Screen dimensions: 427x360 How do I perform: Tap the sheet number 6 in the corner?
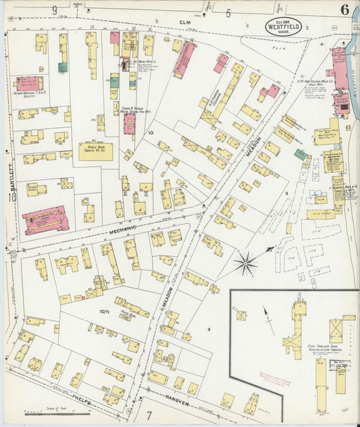coord(345,9)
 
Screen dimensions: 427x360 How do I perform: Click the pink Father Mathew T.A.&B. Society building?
coord(30,83)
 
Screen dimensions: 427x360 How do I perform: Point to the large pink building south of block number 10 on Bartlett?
coord(45,220)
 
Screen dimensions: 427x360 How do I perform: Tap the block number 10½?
coord(104,311)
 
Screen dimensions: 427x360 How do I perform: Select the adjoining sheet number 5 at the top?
coord(228,12)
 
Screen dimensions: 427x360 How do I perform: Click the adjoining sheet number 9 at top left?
coord(53,9)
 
